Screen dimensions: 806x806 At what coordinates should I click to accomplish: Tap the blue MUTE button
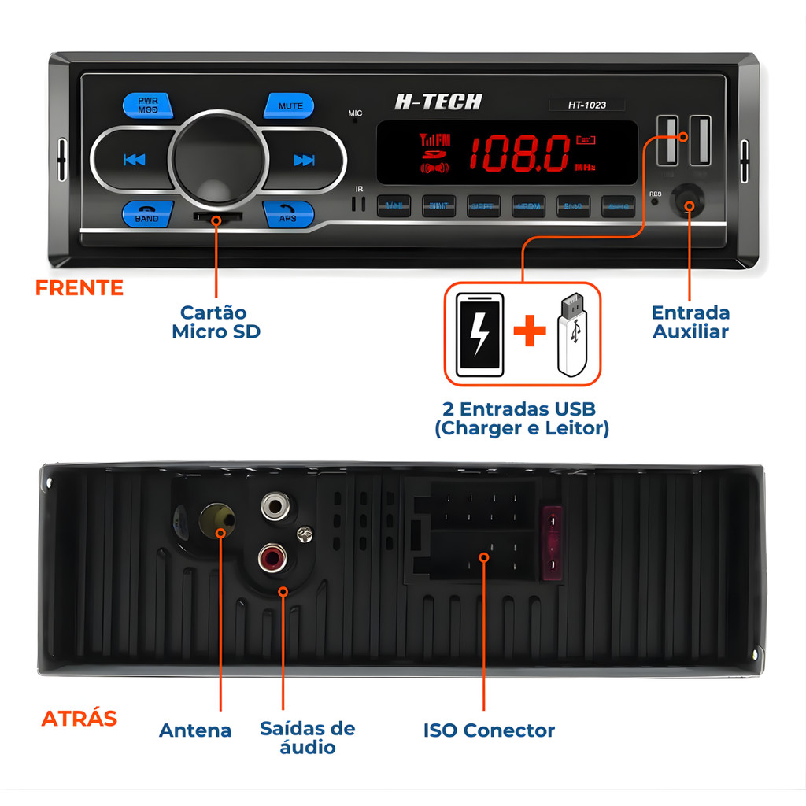click(289, 105)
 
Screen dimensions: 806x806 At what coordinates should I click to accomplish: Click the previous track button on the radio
click(135, 160)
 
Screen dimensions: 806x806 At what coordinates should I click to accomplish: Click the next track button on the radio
click(304, 160)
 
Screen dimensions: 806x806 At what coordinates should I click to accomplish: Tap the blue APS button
click(288, 214)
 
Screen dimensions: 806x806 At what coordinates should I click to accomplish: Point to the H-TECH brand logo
click(438, 102)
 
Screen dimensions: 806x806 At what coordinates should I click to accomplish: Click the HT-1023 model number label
click(587, 105)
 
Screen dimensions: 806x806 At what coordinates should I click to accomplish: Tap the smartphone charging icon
click(479, 335)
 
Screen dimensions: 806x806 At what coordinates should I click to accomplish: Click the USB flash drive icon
click(572, 335)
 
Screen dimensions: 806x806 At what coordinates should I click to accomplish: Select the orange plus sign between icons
click(530, 333)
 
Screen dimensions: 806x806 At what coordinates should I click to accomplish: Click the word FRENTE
click(79, 288)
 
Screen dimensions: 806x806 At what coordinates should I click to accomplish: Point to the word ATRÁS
click(79, 719)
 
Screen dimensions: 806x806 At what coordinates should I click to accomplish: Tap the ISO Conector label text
click(489, 730)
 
